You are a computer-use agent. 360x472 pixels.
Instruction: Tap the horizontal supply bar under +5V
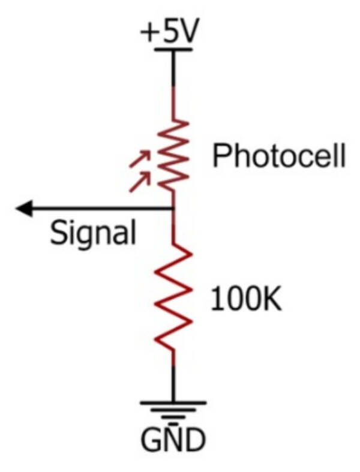click(x=173, y=50)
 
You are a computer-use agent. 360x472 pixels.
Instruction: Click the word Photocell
click(x=279, y=157)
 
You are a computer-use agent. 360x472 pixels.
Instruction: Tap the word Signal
click(x=93, y=232)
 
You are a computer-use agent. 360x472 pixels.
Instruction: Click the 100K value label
click(x=246, y=299)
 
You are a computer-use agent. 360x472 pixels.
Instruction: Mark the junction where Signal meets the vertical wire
click(x=173, y=209)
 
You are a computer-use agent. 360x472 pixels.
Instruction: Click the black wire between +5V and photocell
click(x=173, y=69)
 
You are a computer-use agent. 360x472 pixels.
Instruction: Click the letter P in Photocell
click(x=221, y=157)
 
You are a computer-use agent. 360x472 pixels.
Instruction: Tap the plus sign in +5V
click(x=149, y=34)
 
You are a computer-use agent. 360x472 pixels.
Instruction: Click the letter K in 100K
click(x=272, y=299)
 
